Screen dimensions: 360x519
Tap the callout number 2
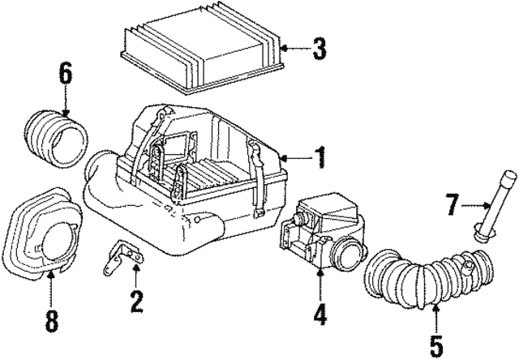135,303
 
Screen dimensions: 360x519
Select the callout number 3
320,49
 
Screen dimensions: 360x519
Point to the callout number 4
320,314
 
